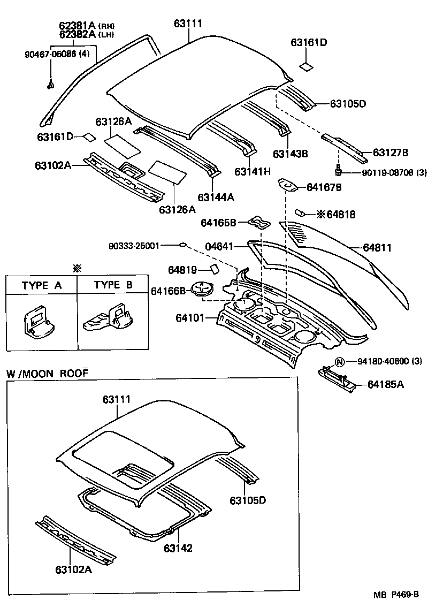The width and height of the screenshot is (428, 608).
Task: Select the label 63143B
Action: pos(291,154)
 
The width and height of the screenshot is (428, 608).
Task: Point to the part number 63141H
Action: pos(253,171)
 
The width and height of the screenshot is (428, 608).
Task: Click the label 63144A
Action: pos(216,197)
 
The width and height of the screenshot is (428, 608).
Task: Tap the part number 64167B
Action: pos(324,187)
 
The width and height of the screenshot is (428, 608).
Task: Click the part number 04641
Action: pos(219,247)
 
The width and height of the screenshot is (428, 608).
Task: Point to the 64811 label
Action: pos(377,248)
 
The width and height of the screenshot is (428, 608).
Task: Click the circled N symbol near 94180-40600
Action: pos(339,362)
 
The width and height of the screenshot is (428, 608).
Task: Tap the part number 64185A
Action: pos(385,384)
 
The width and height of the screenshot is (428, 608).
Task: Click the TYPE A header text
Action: pos(42,285)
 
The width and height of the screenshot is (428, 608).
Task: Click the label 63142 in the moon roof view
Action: pos(178,548)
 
